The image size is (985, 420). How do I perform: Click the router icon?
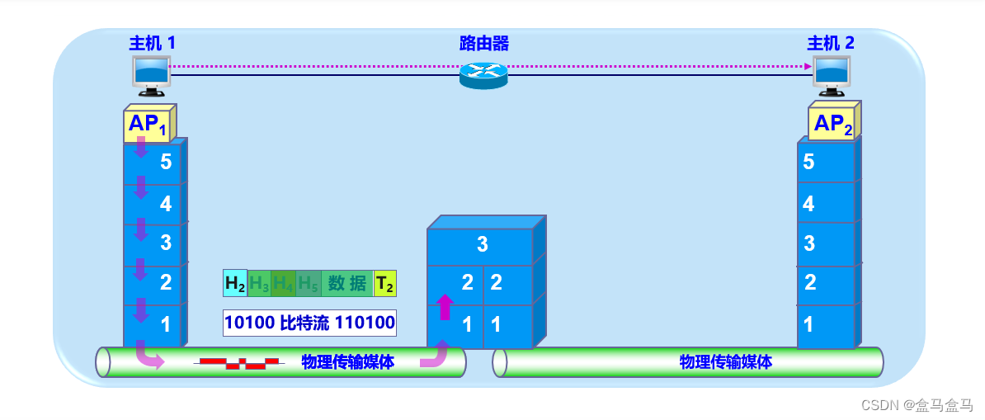[483, 74]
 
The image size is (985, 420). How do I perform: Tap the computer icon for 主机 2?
[831, 72]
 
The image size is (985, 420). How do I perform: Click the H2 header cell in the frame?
[235, 284]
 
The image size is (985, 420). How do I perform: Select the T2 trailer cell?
[384, 284]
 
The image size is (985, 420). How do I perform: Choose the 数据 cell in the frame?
[347, 284]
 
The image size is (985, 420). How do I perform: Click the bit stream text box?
[309, 322]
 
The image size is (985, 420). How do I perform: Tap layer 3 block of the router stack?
[481, 245]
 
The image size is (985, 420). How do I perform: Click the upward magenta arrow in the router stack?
[445, 307]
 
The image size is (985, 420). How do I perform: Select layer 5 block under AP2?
[826, 163]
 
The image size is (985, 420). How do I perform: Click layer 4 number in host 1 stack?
[166, 203]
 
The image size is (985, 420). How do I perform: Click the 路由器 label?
[484, 43]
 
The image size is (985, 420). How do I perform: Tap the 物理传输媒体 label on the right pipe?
[726, 361]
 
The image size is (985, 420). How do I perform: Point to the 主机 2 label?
[831, 43]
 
